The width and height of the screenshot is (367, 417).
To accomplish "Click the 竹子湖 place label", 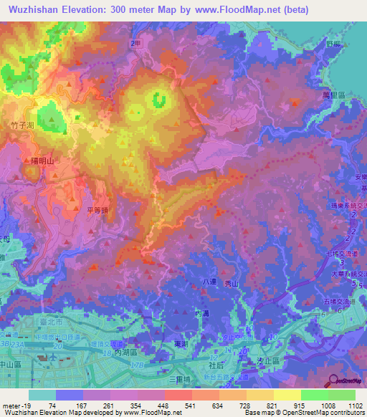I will point(23,125).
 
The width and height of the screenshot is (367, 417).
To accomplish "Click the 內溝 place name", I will point(201,314).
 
